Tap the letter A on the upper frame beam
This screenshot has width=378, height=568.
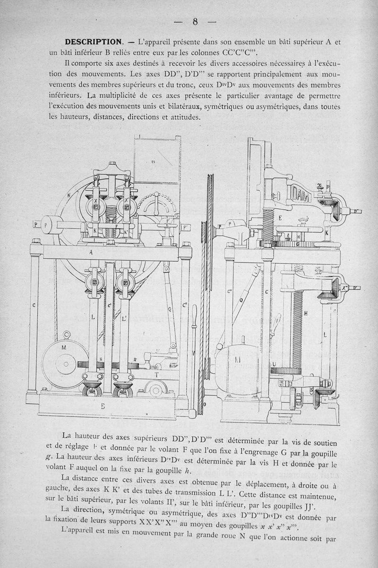click(91, 253)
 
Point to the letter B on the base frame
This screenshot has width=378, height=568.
click(103, 405)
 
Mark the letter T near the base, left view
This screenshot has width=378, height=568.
click(155, 373)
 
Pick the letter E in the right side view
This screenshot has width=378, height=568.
click(280, 219)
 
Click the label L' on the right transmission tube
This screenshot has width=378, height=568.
click(124, 318)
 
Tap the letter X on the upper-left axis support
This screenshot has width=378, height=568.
click(96, 200)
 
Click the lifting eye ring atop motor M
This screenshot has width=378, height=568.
click(67, 335)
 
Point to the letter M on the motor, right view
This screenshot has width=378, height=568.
click(237, 359)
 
